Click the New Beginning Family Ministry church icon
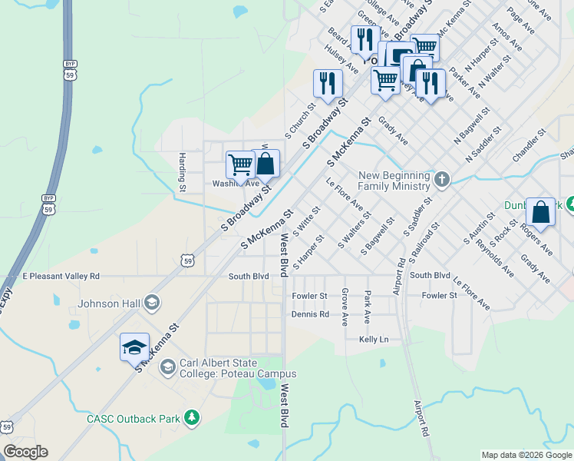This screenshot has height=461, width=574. (x=441, y=179)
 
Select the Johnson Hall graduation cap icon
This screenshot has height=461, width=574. (x=151, y=303)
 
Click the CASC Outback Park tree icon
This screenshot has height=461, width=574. (x=191, y=418)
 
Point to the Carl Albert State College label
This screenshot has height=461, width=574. (x=237, y=368)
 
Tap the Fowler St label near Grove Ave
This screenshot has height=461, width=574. (x=309, y=295)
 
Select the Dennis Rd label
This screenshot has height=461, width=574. (x=310, y=313)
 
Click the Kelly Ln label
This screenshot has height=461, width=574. (x=374, y=339)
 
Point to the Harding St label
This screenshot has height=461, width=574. (x=183, y=171)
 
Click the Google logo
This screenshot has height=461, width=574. (x=25, y=452)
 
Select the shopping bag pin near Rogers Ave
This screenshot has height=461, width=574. (x=540, y=211)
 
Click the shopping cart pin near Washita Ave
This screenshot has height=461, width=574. (x=240, y=165)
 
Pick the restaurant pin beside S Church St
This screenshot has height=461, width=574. (x=328, y=83)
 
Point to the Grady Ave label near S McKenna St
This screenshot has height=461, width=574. (x=392, y=131)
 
